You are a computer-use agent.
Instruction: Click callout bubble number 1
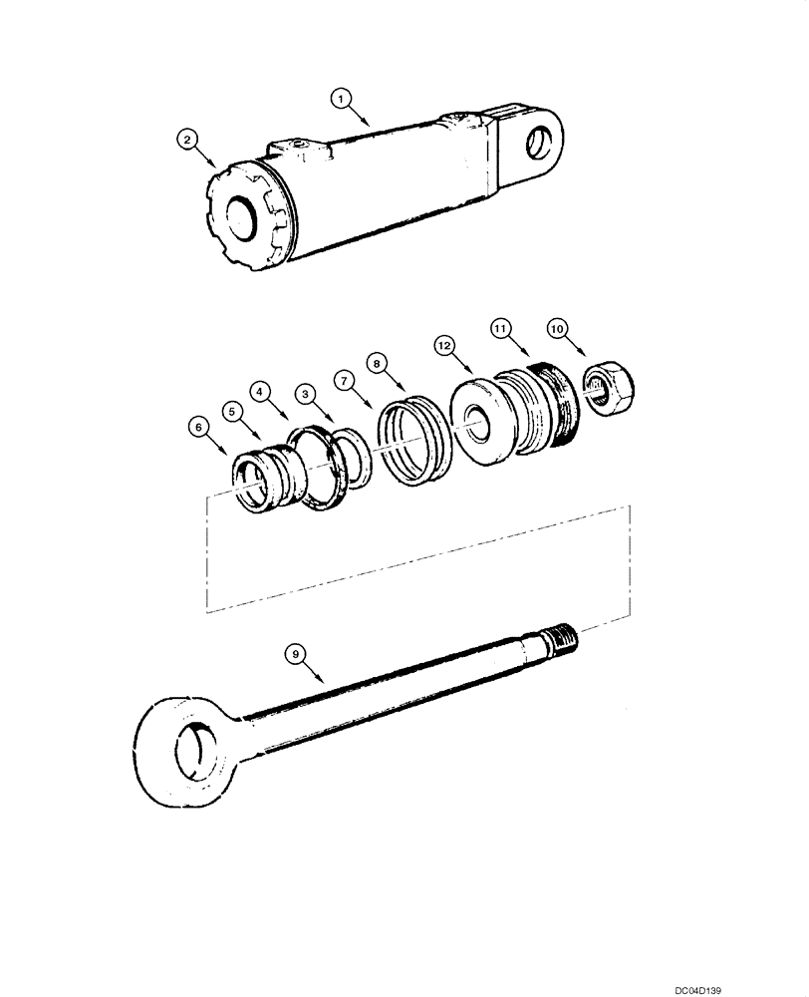click(x=341, y=98)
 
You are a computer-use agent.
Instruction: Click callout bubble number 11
click(x=501, y=328)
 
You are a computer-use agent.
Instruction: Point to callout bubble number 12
click(x=445, y=345)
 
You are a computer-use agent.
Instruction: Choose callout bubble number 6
click(x=199, y=427)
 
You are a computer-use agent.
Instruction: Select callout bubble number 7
click(x=342, y=380)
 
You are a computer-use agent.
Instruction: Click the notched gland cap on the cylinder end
click(x=243, y=215)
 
